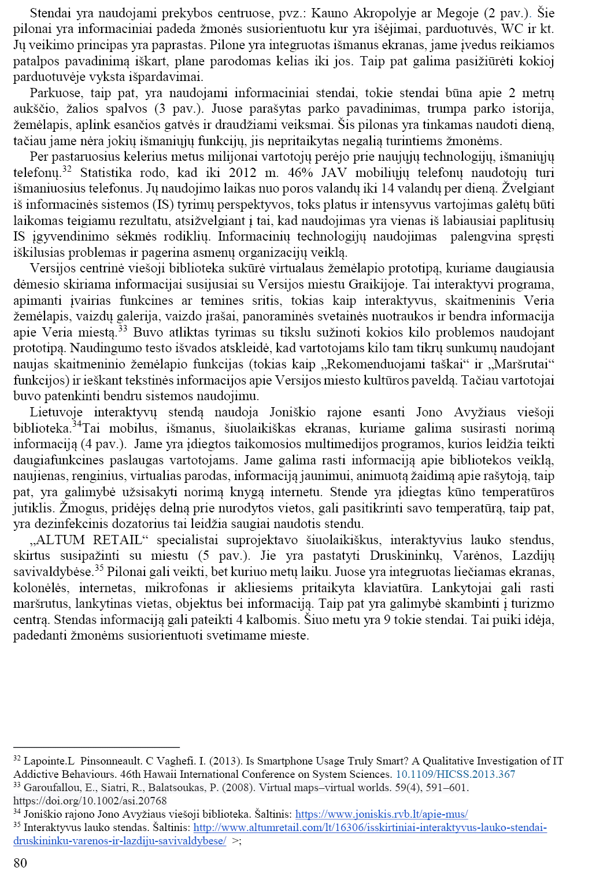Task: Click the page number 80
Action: click(x=20, y=863)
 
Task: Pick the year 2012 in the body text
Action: click(x=242, y=173)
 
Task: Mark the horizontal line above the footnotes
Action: click(x=97, y=748)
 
